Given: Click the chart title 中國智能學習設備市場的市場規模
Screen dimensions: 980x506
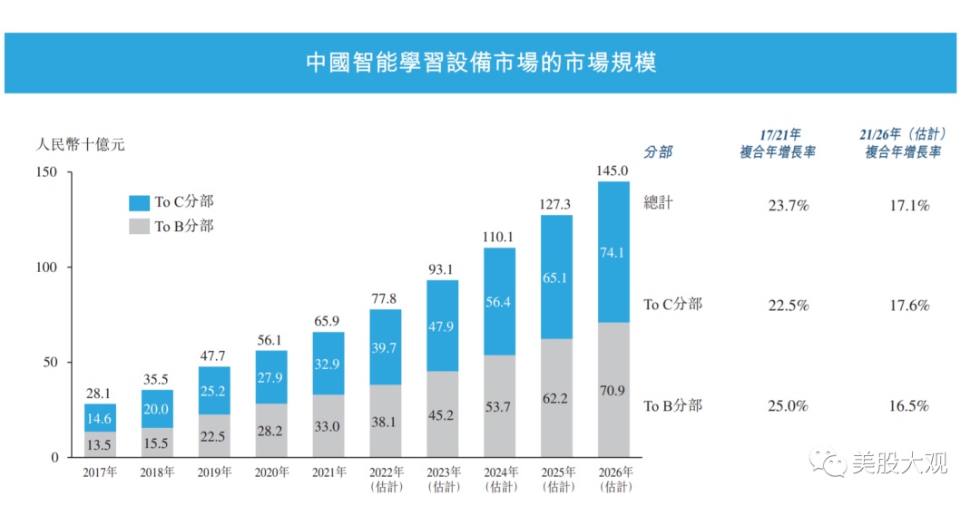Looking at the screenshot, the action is pos(481,63).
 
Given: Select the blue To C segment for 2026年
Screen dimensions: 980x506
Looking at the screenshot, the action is pos(613,252).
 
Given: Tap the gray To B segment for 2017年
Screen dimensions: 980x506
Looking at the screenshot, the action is pos(100,444).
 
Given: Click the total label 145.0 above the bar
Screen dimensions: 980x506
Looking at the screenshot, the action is pos(612,170).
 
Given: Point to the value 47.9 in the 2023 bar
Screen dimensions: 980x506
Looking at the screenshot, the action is pos(441,326).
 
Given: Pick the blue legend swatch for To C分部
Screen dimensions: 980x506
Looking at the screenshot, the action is pos(140,202).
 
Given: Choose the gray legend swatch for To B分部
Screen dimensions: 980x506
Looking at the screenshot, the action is pos(140,226).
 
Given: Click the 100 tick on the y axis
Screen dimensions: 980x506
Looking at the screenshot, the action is pos(46,268).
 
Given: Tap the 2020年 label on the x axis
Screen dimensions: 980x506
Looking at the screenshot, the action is pos(272,472).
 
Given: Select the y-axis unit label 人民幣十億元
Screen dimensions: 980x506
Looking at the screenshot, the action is pos(80,145).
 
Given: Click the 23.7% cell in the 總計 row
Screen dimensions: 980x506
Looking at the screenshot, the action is pos(789,206).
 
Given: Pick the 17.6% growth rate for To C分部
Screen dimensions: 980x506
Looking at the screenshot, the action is pos(909,306).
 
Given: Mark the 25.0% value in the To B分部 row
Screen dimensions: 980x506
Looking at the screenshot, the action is pos(789,406).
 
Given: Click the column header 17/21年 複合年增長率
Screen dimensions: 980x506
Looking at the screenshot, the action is pos(779,143).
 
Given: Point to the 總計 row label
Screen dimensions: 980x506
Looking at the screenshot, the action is pos(658,202).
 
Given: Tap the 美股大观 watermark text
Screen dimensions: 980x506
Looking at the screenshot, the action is pos(900,462).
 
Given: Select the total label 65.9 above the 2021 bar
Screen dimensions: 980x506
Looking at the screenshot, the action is pos(327,321).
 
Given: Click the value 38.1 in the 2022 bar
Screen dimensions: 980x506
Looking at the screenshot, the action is pos(384,423).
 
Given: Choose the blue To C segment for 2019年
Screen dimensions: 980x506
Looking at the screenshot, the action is pos(214,391).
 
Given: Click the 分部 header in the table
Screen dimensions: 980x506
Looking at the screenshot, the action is pos(658,151).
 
